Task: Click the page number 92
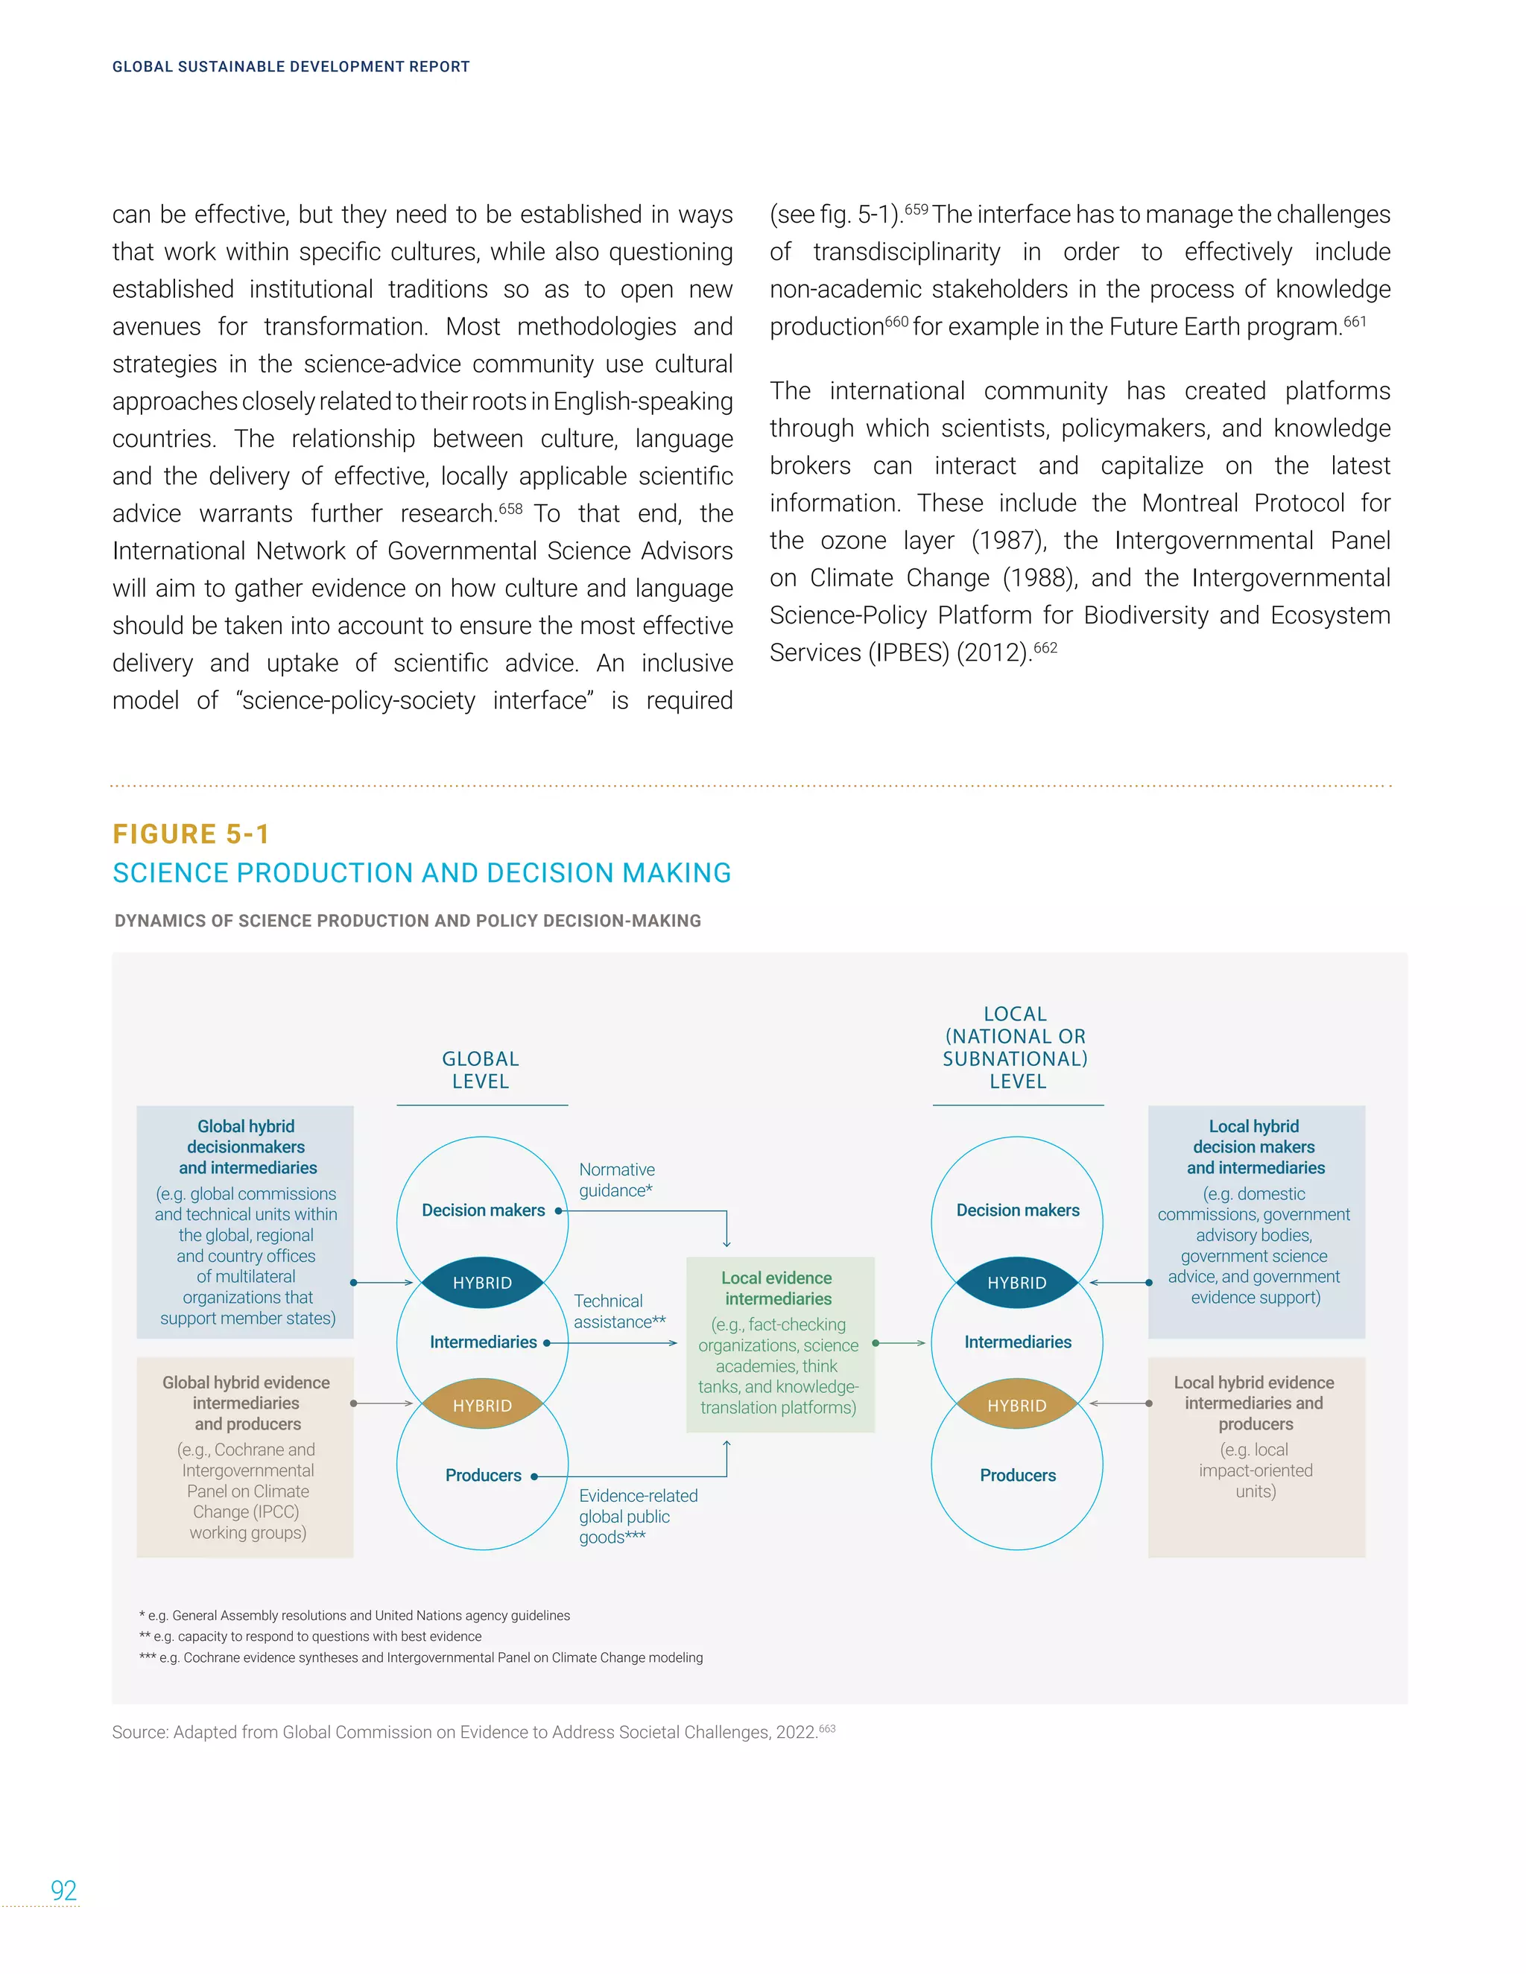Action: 63,1889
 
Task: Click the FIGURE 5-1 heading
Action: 191,834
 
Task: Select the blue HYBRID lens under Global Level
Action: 482,1283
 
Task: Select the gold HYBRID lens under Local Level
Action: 1016,1405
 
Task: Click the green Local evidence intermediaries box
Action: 779,1343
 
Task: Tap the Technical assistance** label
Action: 619,1310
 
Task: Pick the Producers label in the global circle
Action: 483,1475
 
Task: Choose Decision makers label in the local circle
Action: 1017,1210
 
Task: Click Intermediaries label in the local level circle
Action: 1017,1342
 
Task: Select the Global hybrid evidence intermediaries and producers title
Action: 246,1403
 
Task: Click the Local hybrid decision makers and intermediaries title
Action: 1255,1147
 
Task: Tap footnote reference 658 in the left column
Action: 510,509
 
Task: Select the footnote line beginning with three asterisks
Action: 420,1657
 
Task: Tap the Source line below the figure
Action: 463,1732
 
